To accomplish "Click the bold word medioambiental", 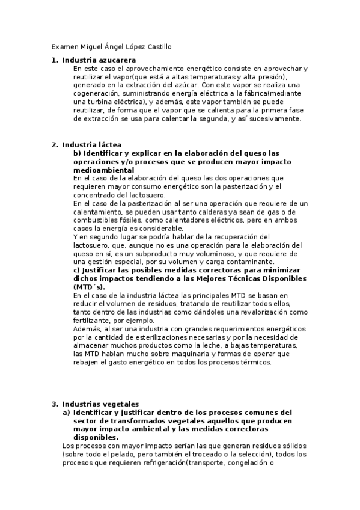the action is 103,170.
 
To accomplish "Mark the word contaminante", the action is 227,263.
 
